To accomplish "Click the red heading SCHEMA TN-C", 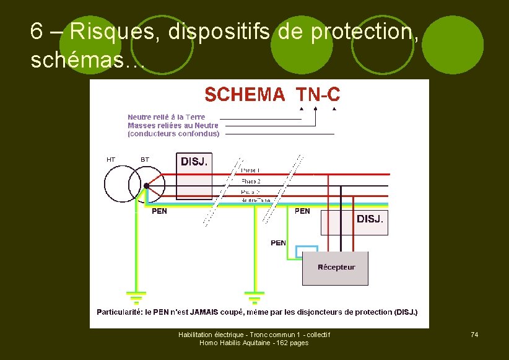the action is point(272,94).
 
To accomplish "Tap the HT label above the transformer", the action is point(111,160).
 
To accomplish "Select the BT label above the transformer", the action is point(145,160).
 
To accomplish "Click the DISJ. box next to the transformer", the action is point(194,177).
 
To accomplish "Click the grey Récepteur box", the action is point(335,268).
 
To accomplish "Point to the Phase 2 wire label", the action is point(251,181).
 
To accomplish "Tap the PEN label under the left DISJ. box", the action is point(159,211).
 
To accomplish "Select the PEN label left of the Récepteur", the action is point(278,243).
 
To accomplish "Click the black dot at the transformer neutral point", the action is point(146,185).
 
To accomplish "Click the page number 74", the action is point(474,335).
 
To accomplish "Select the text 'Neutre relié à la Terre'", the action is point(166,117).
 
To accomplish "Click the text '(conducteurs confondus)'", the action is point(173,133).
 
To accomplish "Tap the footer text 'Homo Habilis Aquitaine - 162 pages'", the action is point(254,343).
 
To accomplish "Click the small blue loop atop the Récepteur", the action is point(307,250).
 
